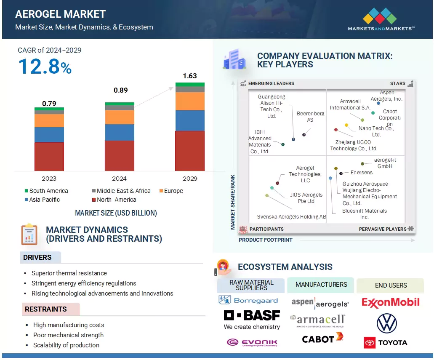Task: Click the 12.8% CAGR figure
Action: pos(45,67)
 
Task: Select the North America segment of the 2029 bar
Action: pos(190,151)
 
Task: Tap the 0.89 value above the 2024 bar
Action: pos(120,90)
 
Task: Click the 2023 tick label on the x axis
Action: pos(49,179)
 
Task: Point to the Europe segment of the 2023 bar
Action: pos(49,120)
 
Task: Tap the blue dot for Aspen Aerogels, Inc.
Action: pos(378,103)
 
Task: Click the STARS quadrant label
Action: pos(397,83)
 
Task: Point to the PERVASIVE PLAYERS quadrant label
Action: pos(383,229)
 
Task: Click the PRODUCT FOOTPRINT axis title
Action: pos(266,240)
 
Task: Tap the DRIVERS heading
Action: pos(37,257)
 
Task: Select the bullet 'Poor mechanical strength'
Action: pos(68,335)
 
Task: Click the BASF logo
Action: pos(252,315)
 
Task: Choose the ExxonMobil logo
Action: pos(391,302)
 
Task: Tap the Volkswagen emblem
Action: pos(386,323)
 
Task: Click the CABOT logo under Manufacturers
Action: pos(322,338)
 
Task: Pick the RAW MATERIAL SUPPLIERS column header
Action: pos(251,285)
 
